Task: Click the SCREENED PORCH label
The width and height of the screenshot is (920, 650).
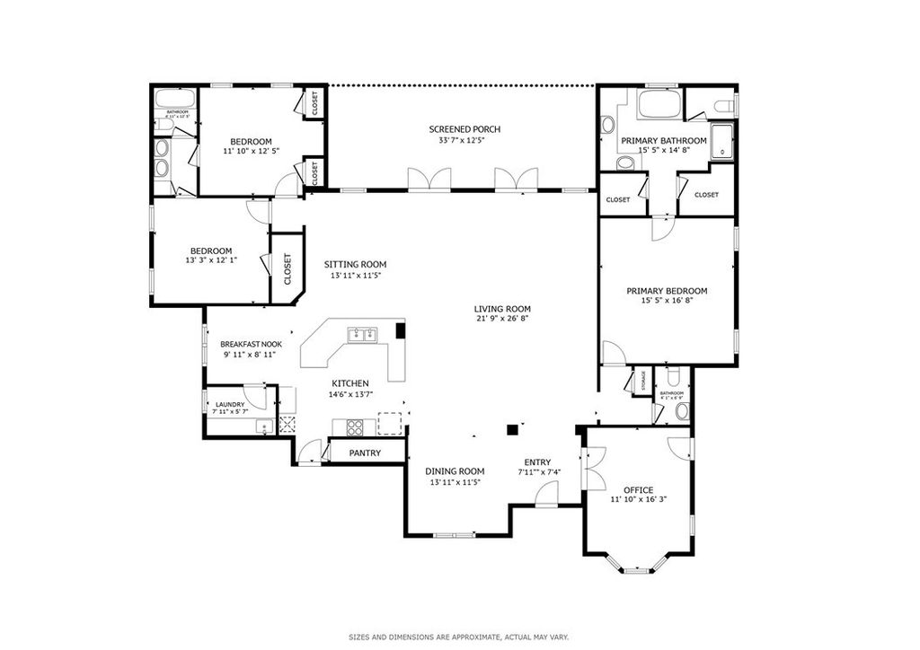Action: [464, 129]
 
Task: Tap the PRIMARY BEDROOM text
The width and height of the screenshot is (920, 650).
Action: [666, 291]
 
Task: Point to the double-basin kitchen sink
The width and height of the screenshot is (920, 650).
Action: [363, 335]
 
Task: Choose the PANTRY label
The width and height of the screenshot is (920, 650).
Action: [365, 453]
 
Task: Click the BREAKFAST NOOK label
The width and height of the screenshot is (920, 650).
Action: [251, 344]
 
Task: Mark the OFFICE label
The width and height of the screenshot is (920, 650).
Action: [638, 490]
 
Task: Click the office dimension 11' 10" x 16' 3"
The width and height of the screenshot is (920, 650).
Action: [638, 500]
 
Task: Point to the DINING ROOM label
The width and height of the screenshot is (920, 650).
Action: [455, 471]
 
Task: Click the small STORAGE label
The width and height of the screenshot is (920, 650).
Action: [643, 381]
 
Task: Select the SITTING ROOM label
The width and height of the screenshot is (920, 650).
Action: [355, 264]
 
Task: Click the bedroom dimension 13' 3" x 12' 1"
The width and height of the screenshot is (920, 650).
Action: [210, 260]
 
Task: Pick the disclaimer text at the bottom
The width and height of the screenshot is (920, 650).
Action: [458, 637]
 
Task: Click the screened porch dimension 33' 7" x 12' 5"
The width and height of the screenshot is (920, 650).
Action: [464, 140]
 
